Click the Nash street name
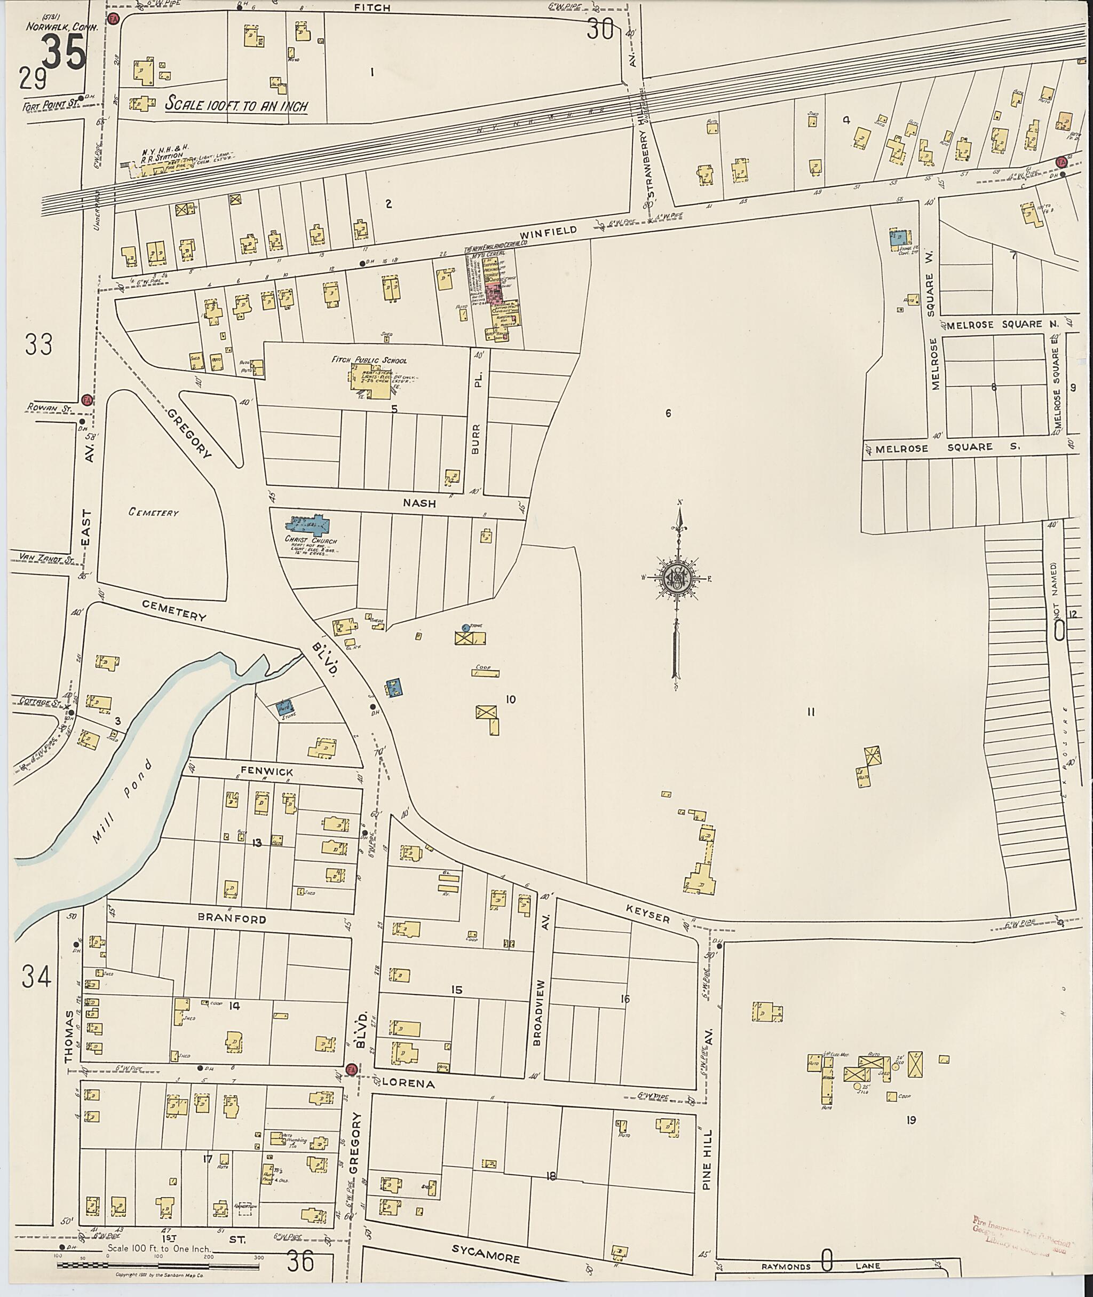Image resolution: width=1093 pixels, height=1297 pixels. (x=419, y=504)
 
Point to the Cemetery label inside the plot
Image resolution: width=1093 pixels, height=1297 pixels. (x=154, y=512)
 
